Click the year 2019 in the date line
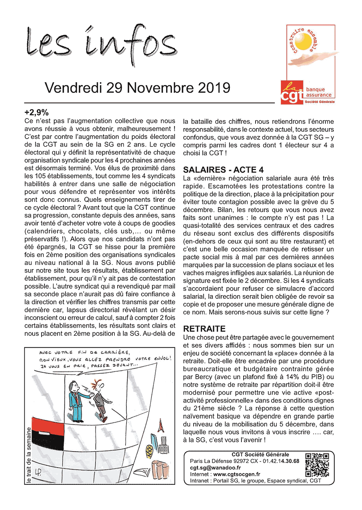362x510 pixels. click(214, 88)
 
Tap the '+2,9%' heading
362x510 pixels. click(37, 112)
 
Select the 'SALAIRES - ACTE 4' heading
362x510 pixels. click(223, 170)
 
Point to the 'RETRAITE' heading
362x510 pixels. click(204, 329)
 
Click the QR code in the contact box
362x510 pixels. click(317, 465)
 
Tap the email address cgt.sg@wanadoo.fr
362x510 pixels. click(215, 468)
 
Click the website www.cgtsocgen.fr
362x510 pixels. click(237, 474)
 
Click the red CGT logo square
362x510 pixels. click(292, 93)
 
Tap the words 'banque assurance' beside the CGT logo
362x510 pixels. click(318, 92)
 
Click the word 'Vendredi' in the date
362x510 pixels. click(74, 88)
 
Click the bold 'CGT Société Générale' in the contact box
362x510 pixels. click(260, 455)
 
